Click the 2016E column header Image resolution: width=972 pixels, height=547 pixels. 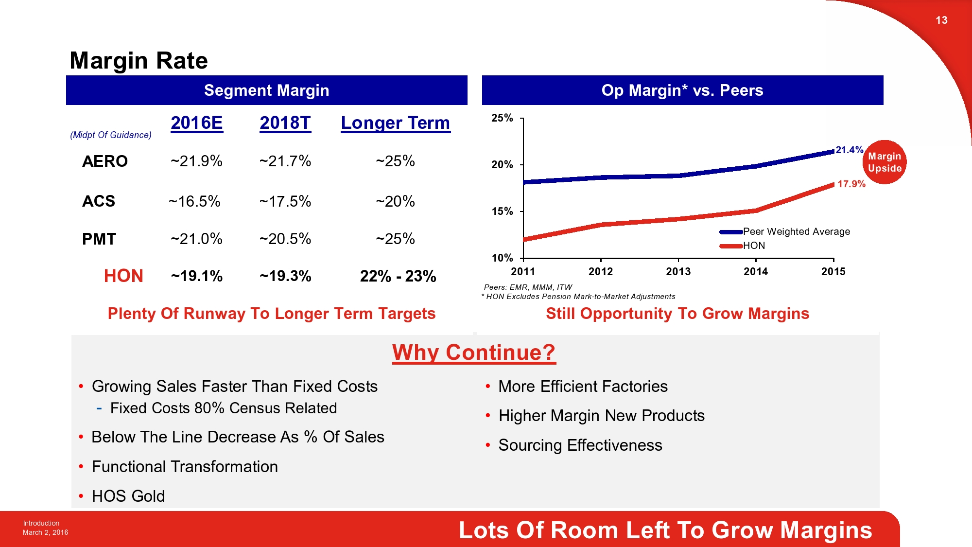196,123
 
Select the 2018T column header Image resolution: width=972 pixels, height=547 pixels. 285,123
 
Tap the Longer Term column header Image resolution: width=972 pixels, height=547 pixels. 395,123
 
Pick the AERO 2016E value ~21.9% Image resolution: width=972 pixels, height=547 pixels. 196,161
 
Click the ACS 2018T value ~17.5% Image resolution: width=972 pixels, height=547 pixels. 285,201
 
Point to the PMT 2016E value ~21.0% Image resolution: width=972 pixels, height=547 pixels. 196,239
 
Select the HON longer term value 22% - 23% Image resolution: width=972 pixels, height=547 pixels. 398,276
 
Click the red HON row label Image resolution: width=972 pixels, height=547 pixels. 123,276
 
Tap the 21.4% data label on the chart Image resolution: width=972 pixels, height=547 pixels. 849,150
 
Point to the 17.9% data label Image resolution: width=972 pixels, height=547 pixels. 851,184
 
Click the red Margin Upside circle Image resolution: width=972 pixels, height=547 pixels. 885,162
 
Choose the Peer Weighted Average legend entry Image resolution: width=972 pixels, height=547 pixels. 796,231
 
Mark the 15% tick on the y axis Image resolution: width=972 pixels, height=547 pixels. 502,212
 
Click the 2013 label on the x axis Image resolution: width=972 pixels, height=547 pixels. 678,272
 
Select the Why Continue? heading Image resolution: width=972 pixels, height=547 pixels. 474,353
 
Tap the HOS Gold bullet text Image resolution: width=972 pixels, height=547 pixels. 128,496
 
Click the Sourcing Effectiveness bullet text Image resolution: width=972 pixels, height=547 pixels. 580,445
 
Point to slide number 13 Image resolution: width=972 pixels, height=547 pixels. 941,20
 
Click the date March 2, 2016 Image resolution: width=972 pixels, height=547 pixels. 45,532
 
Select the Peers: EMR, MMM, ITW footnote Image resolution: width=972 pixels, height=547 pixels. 528,287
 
